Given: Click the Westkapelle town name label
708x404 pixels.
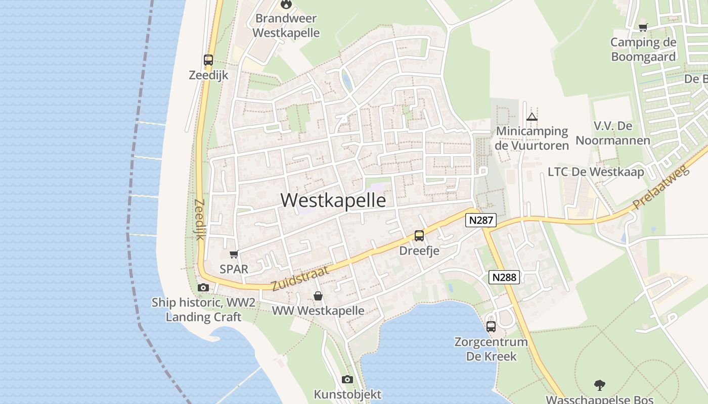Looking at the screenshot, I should click(x=333, y=200).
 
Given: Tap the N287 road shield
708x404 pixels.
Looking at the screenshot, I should click(x=481, y=220).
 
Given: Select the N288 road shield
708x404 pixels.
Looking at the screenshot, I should click(x=504, y=277).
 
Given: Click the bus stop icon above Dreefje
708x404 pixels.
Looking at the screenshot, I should click(x=419, y=236).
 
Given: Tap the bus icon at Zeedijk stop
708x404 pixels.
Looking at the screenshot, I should click(x=208, y=60).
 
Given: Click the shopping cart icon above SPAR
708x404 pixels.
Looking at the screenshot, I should click(x=234, y=254).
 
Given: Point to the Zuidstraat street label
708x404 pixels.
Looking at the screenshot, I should click(x=300, y=278).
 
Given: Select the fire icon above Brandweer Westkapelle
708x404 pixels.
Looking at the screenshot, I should click(x=286, y=5).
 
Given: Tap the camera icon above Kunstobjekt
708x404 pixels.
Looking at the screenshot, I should click(x=347, y=379).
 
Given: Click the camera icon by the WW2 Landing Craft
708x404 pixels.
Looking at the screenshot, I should click(x=203, y=288).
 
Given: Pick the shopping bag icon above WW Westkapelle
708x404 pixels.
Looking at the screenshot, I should click(x=318, y=296).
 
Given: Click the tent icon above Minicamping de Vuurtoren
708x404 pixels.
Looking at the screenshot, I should click(x=532, y=117).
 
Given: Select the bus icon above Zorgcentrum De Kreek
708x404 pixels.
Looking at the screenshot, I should click(x=491, y=327).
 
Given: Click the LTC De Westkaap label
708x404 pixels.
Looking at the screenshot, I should click(x=596, y=172).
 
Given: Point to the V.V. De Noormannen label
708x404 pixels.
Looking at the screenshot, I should click(x=613, y=133).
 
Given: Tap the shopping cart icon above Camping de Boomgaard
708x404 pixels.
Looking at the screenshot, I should click(x=643, y=27).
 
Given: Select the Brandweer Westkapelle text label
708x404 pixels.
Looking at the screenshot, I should click(x=286, y=26).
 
